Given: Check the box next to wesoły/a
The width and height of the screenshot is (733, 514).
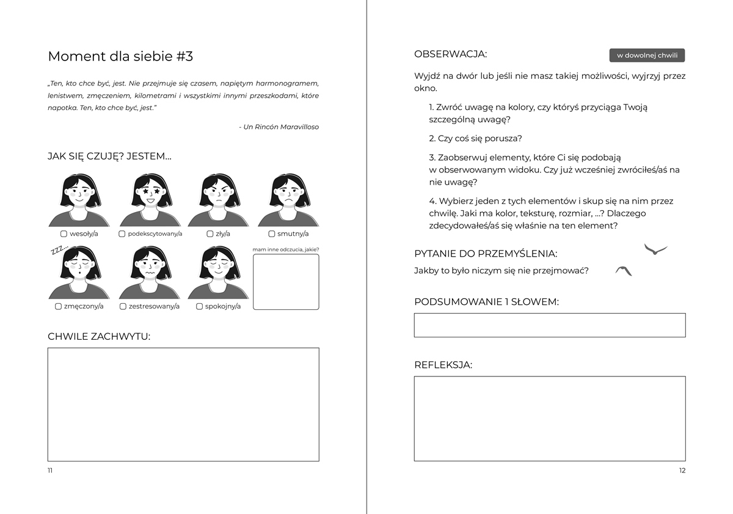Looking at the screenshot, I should (64, 233).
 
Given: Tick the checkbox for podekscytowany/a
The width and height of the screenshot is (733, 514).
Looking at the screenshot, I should (122, 233).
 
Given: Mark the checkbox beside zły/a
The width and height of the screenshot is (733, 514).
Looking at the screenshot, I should (210, 233).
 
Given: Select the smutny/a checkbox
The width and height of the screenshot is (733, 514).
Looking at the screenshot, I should (272, 233).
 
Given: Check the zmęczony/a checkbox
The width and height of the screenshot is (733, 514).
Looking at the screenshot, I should (58, 306).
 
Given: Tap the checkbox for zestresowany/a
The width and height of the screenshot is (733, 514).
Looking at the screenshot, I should (123, 306).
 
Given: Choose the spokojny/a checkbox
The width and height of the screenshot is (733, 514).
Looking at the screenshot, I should (199, 306).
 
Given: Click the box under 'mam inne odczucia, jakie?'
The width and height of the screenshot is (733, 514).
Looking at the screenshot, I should (286, 282).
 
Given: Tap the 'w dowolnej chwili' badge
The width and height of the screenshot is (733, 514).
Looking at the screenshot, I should (647, 56).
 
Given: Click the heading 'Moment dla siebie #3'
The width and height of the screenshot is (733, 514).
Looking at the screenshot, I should (120, 56).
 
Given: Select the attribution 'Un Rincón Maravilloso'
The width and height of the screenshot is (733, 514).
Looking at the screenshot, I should (281, 127).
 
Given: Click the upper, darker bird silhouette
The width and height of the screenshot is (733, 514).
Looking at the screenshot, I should (655, 249).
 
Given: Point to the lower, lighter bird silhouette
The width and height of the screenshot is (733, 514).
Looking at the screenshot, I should (624, 271).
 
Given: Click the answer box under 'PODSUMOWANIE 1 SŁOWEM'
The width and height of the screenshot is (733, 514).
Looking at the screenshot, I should (550, 325).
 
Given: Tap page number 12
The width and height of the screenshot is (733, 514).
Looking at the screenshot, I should (682, 471).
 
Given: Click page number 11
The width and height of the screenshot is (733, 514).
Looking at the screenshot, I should (50, 471).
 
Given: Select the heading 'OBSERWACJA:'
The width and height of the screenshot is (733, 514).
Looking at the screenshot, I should (450, 54).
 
